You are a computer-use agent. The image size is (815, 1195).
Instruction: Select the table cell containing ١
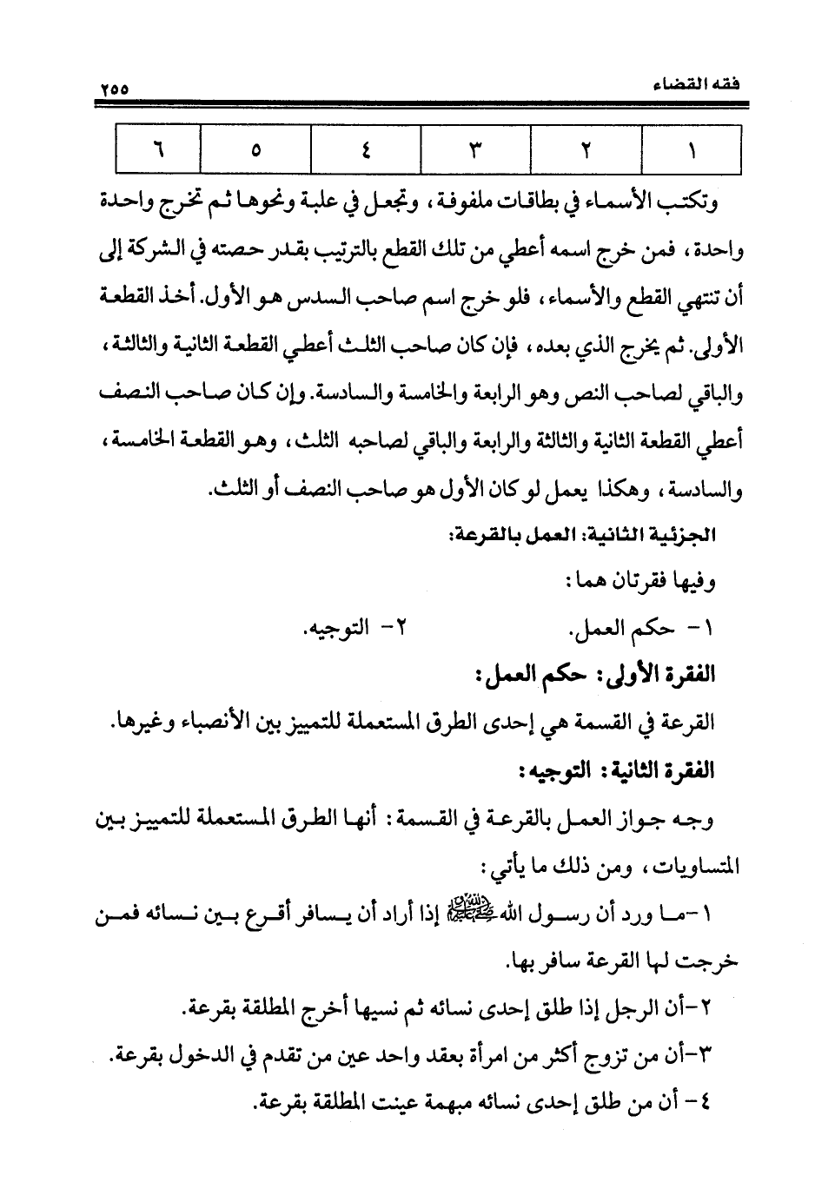692,149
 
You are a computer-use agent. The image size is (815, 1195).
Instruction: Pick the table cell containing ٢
586,149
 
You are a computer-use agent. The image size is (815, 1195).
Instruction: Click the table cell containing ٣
474,149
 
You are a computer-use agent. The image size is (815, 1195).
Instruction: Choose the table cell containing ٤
365,149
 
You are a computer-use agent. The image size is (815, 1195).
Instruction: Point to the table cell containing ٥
255,149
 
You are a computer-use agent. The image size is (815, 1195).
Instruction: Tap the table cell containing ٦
157,149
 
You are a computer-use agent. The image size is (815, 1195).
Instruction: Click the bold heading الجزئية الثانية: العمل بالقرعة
586,537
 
